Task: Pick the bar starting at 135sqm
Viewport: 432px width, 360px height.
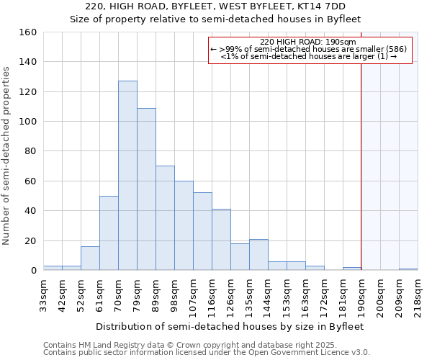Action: coord(258,255)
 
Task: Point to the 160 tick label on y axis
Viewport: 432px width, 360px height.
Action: coord(27,32)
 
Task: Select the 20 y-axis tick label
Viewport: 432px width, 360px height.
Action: coord(30,240)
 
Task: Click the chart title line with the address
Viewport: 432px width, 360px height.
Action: coord(215,6)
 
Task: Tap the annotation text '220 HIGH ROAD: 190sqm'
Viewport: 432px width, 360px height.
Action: coord(309,42)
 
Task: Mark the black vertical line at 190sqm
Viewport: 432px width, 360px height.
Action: coord(361,180)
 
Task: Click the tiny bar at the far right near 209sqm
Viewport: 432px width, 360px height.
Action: coord(408,269)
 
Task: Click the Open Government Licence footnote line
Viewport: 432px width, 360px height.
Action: coord(207,352)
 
